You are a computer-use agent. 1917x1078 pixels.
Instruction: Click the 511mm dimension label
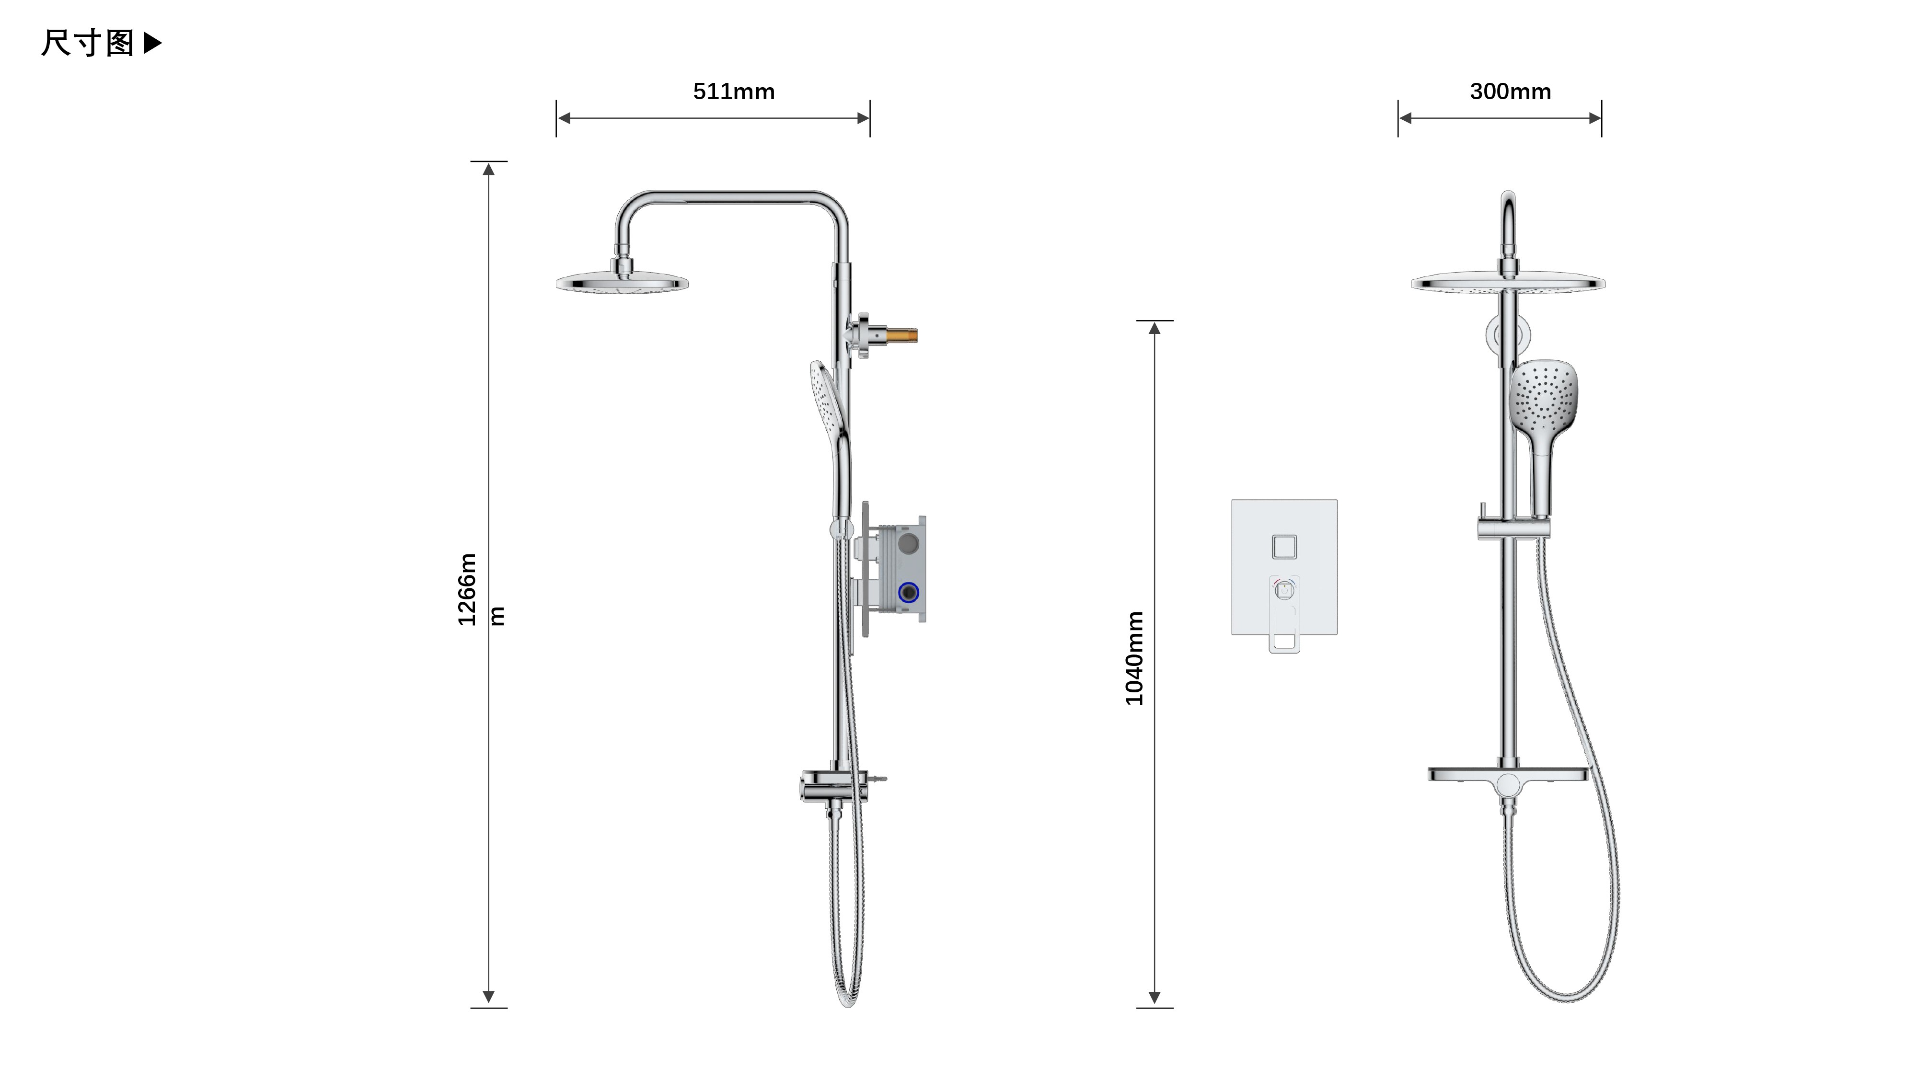coord(734,92)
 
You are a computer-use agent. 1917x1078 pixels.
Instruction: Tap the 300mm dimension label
coord(1511,92)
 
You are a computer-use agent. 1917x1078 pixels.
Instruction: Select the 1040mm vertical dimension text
coord(1134,658)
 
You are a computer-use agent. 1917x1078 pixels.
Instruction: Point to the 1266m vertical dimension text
coord(467,589)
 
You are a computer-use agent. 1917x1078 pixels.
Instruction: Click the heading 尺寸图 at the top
coord(87,43)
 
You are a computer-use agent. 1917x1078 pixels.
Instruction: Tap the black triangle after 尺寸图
coord(152,43)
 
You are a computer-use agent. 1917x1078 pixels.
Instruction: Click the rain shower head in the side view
coord(622,281)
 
